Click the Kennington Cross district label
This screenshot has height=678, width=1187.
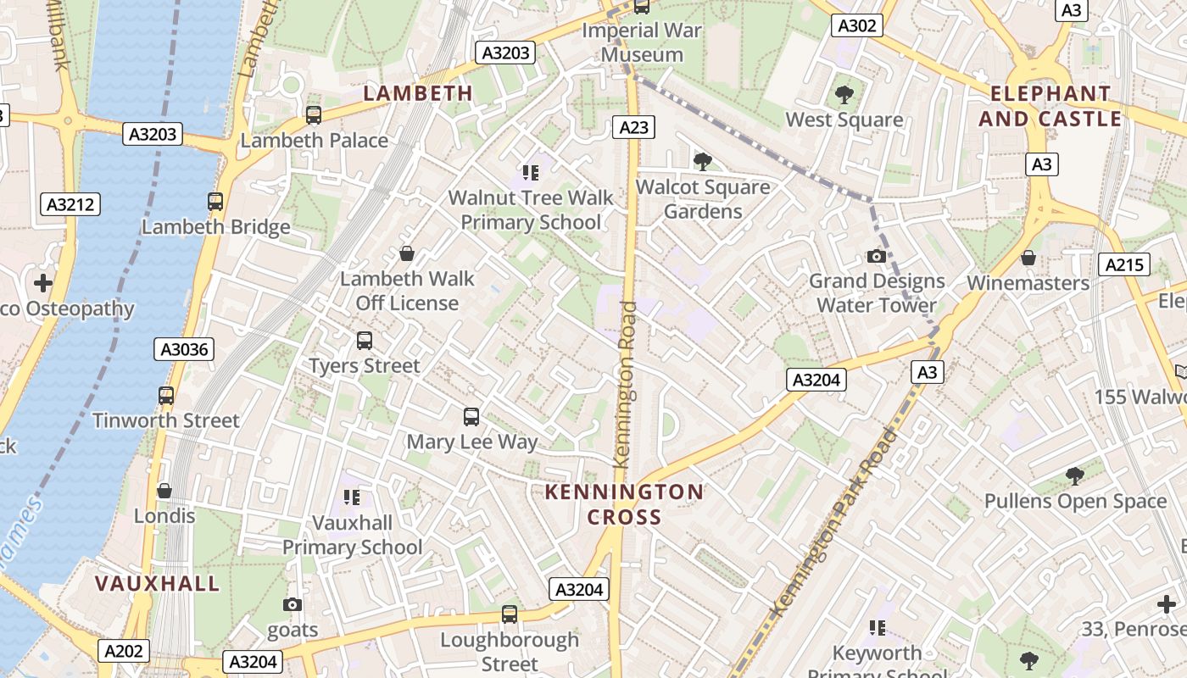(x=624, y=504)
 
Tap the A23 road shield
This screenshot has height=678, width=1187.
(x=633, y=127)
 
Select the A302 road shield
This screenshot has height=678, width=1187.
(x=856, y=25)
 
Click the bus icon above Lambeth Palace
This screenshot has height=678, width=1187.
(x=314, y=115)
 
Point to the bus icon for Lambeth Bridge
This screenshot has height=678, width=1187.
(x=215, y=202)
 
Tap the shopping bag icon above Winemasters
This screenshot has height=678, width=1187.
(x=1028, y=258)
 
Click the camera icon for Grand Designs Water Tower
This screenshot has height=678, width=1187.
(x=877, y=256)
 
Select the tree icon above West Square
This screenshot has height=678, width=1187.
(x=844, y=94)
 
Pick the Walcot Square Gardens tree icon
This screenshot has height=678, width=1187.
(x=702, y=161)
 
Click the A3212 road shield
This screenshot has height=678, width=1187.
(x=70, y=204)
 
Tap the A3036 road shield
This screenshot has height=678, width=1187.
(x=184, y=349)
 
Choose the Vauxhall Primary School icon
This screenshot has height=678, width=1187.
(x=352, y=497)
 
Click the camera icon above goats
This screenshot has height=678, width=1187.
(x=293, y=604)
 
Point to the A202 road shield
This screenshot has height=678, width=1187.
(x=124, y=651)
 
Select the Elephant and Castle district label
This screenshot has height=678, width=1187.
(x=1050, y=106)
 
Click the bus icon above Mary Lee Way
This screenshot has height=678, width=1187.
(x=471, y=417)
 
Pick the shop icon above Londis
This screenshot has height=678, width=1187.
(x=164, y=491)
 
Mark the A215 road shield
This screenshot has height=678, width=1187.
(x=1125, y=264)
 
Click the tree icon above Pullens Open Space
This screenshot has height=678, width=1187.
(x=1075, y=475)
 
